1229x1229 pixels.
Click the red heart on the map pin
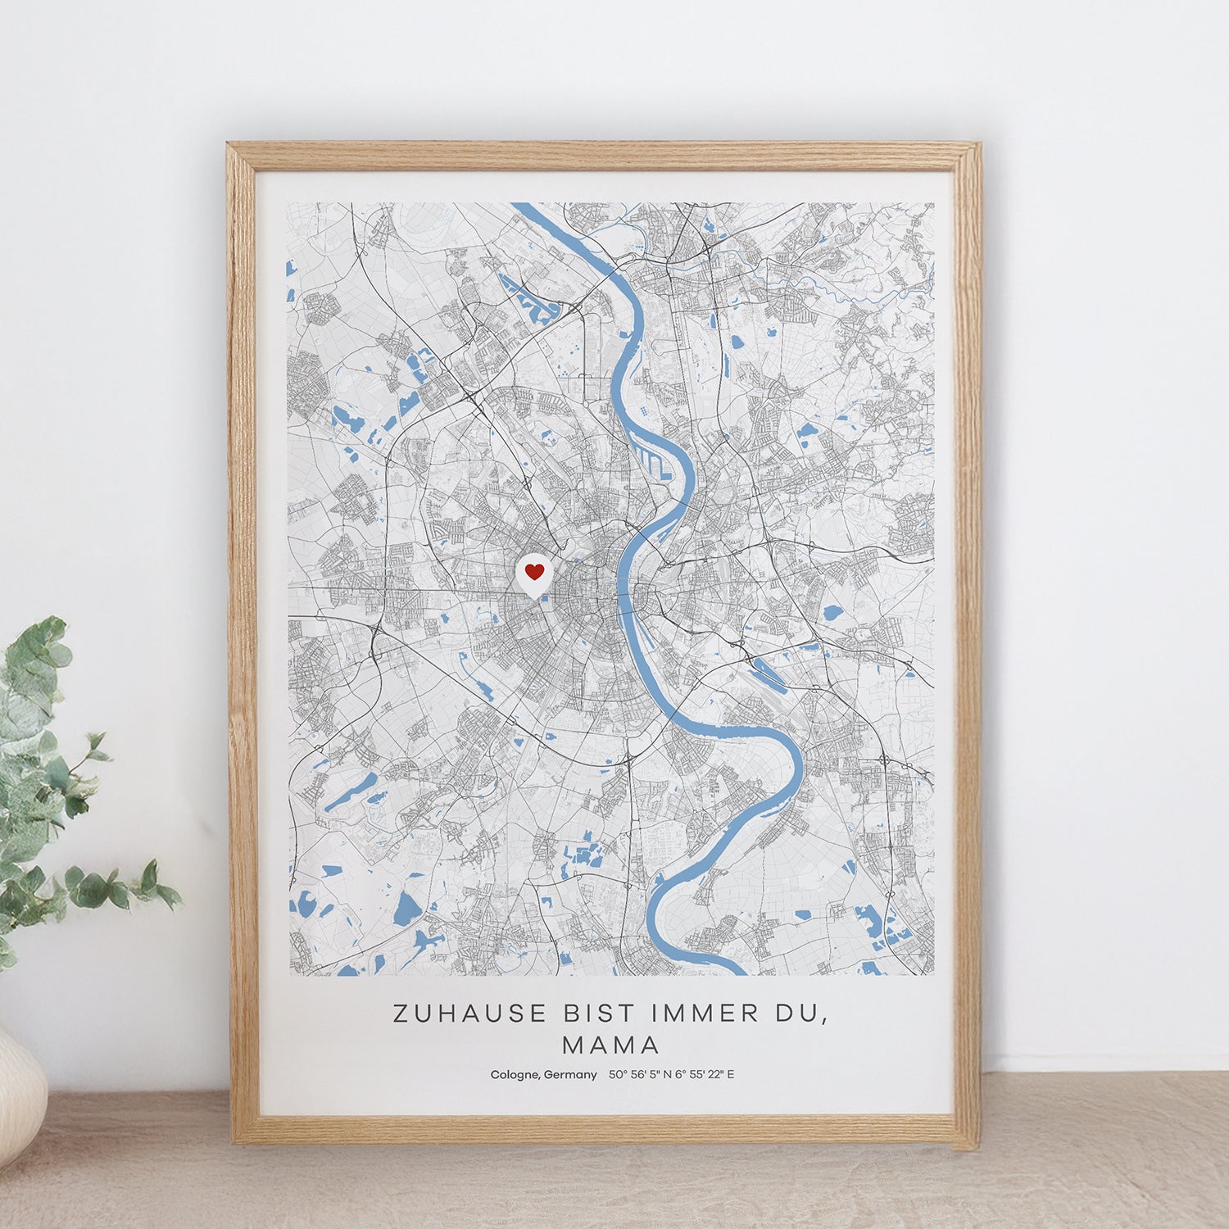[x=534, y=571]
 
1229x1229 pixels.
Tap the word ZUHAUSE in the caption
[x=469, y=1014]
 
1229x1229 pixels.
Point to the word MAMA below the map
[x=611, y=1045]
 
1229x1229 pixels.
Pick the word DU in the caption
[x=796, y=1014]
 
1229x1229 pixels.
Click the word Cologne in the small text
[x=514, y=1075]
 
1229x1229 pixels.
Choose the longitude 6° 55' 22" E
[x=705, y=1075]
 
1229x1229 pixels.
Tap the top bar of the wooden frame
[x=604, y=156]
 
